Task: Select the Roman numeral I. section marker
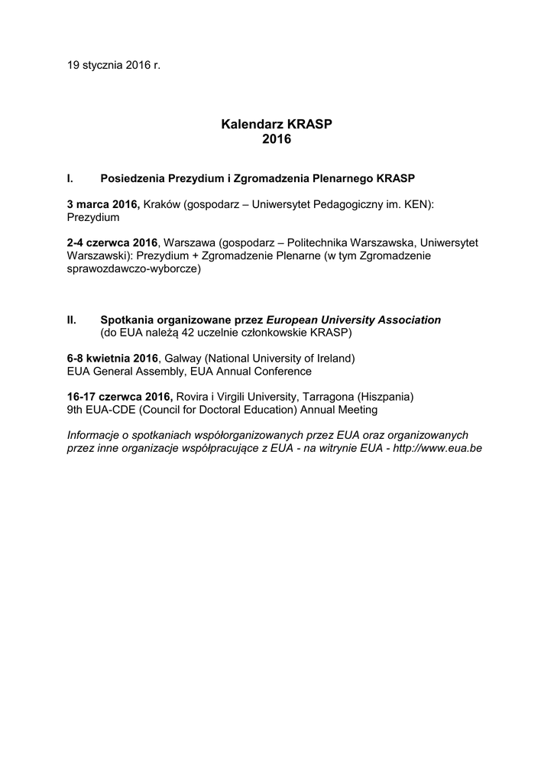coord(70,178)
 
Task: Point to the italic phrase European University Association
coord(353,320)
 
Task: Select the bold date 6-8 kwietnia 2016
coord(112,359)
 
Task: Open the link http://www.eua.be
coord(437,449)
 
